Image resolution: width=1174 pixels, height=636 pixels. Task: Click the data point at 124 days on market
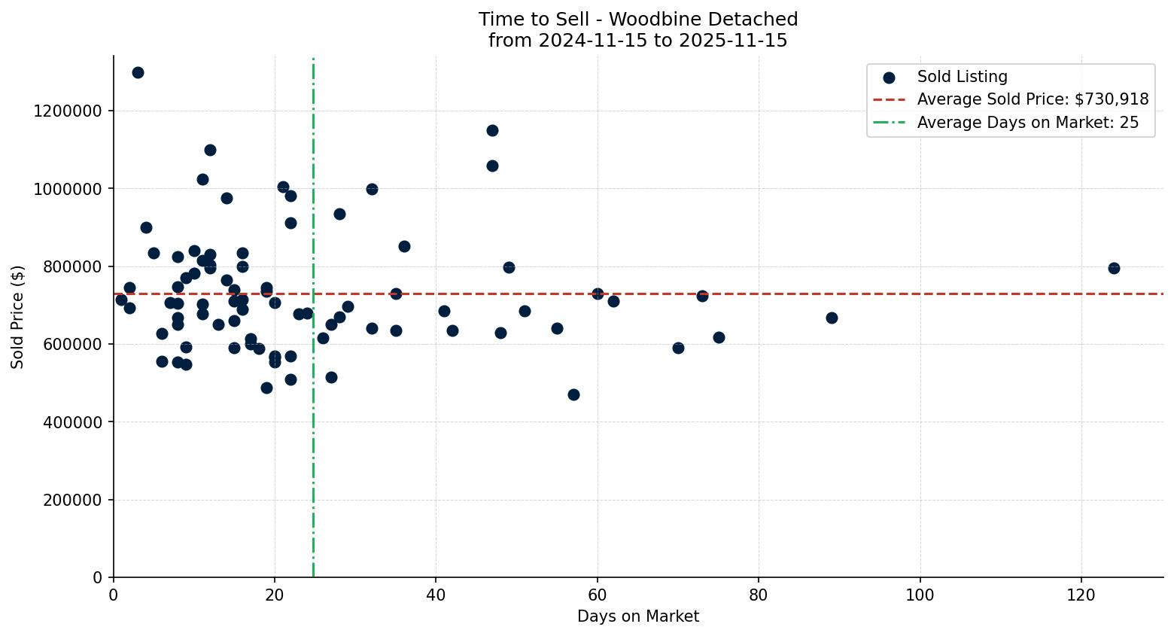(1113, 268)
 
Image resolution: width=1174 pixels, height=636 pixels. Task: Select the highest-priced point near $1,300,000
(138, 72)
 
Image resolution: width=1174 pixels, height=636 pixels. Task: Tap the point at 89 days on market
(832, 318)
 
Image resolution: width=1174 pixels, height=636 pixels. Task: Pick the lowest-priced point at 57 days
(573, 394)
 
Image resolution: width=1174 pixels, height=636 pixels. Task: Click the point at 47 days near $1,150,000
(492, 130)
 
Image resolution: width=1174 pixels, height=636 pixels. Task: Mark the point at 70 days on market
(678, 348)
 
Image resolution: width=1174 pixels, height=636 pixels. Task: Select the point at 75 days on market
(719, 337)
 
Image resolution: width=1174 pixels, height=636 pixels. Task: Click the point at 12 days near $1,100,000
(210, 150)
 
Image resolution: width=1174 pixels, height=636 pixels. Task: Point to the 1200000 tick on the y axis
(68, 111)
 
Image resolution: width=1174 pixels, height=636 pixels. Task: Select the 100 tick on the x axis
(920, 595)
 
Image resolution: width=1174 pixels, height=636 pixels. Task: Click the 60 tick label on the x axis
(598, 595)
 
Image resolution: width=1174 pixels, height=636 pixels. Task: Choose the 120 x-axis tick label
(1081, 595)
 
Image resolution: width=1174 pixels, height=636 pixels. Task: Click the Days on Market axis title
(638, 616)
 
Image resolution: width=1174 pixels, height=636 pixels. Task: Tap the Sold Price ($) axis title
(18, 316)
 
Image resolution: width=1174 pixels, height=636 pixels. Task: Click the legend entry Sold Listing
(962, 77)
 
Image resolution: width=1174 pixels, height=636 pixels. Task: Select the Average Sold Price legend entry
(1033, 99)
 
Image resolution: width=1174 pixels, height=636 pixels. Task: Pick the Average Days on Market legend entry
(1027, 123)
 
